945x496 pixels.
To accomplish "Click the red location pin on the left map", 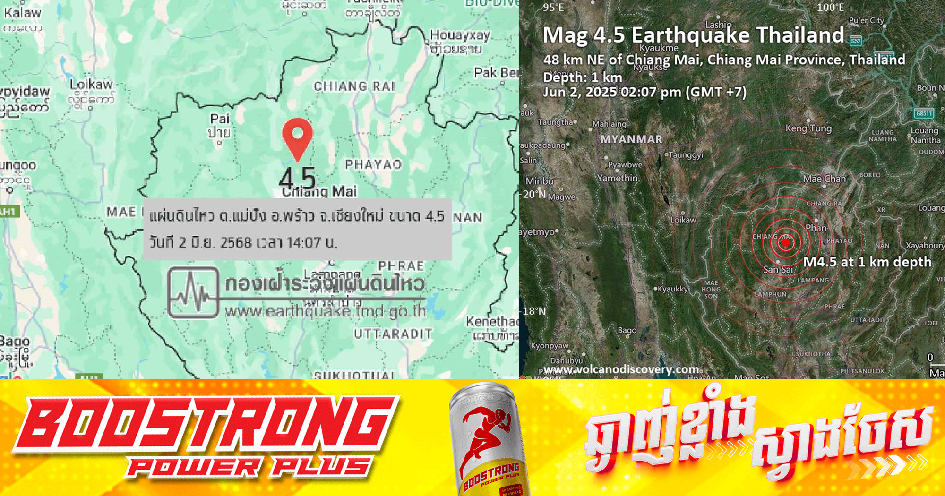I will (297, 136).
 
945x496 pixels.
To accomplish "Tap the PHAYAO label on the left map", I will (373, 164).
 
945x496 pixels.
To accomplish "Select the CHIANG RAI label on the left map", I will (354, 86).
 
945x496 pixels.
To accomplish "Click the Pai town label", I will (220, 119).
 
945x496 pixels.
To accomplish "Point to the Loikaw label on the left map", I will (91, 85).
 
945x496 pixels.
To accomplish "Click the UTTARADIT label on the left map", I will (393, 334).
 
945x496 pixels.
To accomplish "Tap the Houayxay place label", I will (460, 35).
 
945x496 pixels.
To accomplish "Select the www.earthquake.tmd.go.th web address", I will (325, 312).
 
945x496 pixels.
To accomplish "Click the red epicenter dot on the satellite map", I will (786, 243).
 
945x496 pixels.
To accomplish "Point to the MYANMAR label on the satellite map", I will (631, 139).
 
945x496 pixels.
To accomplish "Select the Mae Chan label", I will (824, 179).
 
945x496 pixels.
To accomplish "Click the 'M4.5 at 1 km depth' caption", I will (868, 262).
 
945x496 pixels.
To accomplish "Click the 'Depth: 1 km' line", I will (583, 77).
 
